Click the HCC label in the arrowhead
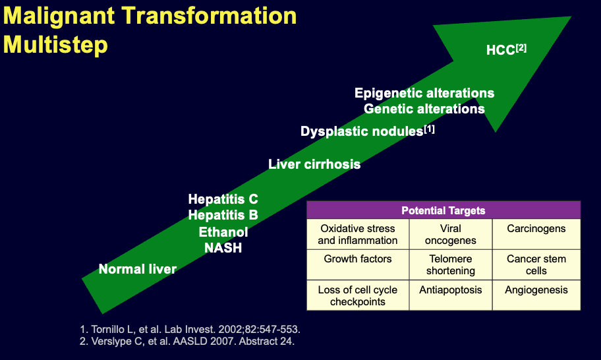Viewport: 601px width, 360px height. point(505,50)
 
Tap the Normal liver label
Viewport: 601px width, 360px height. point(138,269)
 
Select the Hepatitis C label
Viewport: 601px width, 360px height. point(223,199)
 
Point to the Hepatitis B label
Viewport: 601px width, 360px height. point(223,215)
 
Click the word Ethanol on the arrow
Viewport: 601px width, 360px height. point(223,232)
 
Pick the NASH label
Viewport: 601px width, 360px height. point(223,248)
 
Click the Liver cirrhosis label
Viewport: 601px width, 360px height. point(314,164)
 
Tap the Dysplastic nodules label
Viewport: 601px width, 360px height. point(367,131)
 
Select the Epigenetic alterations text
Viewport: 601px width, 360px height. point(424,93)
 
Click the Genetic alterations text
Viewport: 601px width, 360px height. point(424,109)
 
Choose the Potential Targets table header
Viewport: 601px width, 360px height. point(444,211)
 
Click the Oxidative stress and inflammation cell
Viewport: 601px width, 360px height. point(358,235)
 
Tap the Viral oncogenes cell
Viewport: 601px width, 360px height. point(451,235)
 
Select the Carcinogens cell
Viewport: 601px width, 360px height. point(536,229)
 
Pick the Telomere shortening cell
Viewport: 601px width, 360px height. point(451,265)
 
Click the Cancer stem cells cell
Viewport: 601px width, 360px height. point(536,265)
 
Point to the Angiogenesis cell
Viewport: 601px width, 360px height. point(536,289)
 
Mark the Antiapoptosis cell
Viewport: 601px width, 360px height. point(451,289)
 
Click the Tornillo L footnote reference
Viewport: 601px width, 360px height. point(196,328)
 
